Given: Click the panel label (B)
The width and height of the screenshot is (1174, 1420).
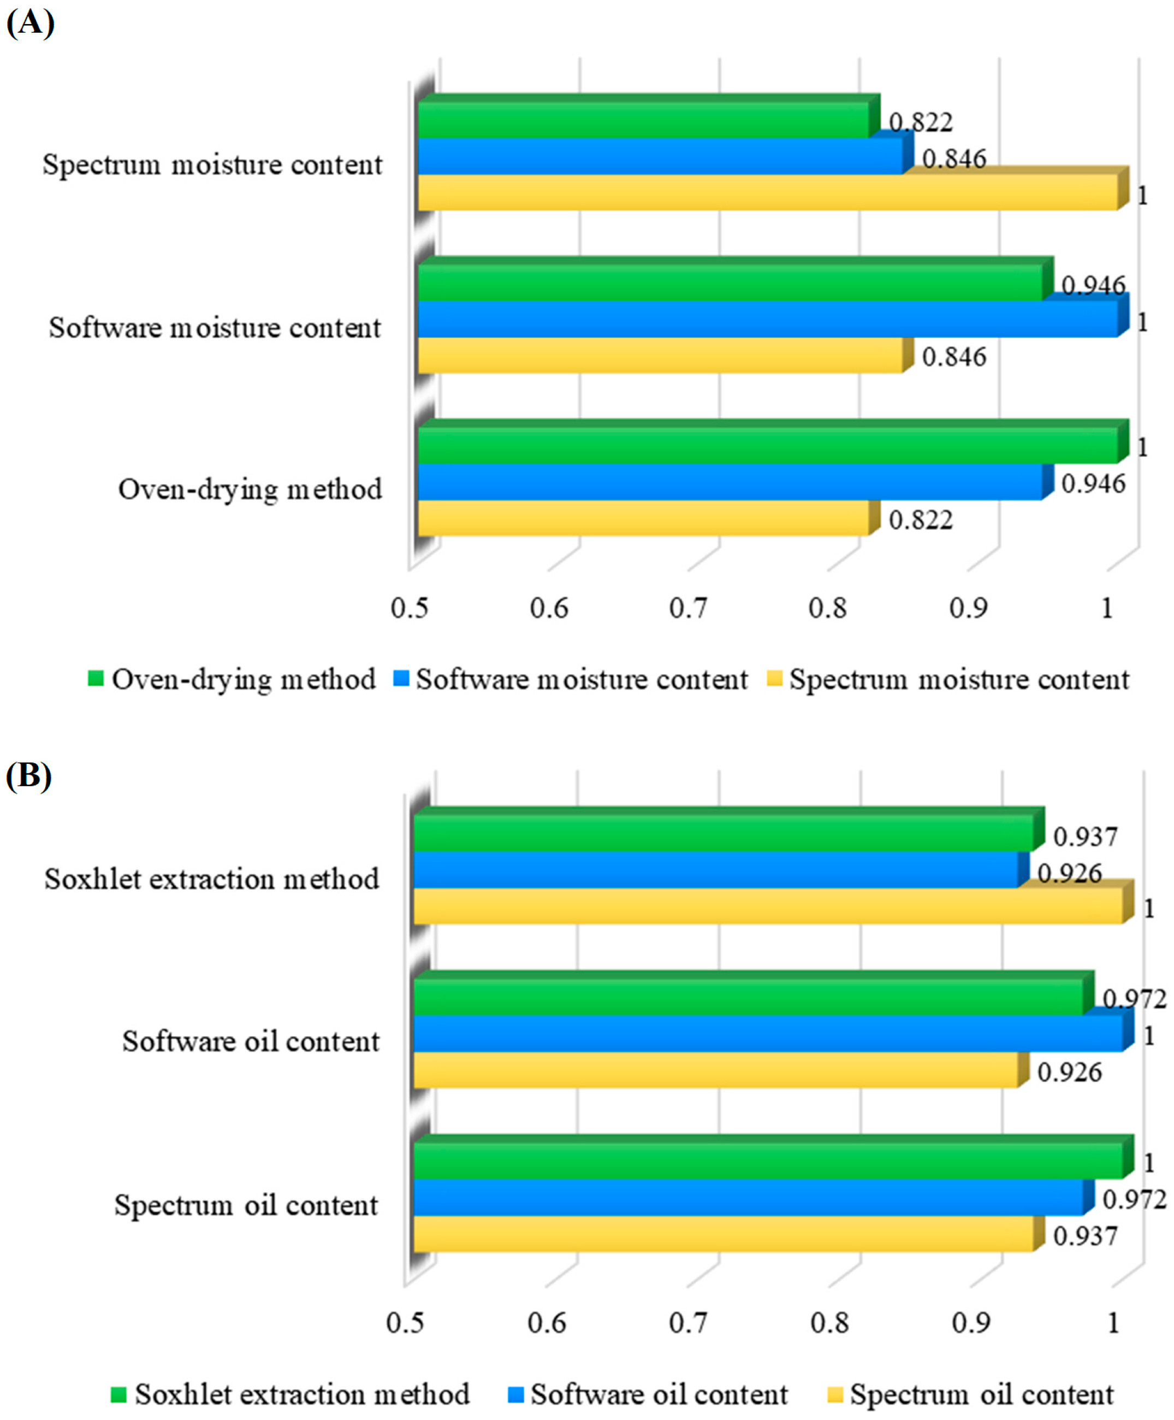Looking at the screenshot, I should point(28,776).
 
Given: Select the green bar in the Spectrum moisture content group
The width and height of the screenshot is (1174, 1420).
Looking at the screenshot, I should point(642,120).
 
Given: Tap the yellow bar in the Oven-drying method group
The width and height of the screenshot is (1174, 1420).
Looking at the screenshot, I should point(642,518).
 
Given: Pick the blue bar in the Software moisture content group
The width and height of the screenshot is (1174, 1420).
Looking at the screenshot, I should point(767,319).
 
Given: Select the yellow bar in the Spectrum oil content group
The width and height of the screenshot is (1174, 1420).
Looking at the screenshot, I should point(723,1234).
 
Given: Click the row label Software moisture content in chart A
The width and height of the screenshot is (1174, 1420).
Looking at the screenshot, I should point(215,328).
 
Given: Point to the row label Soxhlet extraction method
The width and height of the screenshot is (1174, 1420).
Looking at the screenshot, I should point(211,879).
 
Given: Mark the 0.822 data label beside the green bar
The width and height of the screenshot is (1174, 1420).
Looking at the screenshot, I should point(921,122).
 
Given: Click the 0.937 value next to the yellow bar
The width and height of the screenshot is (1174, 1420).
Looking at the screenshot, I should point(1086,1236).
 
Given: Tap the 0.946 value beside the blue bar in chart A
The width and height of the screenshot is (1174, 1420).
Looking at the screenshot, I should point(1093,484).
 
